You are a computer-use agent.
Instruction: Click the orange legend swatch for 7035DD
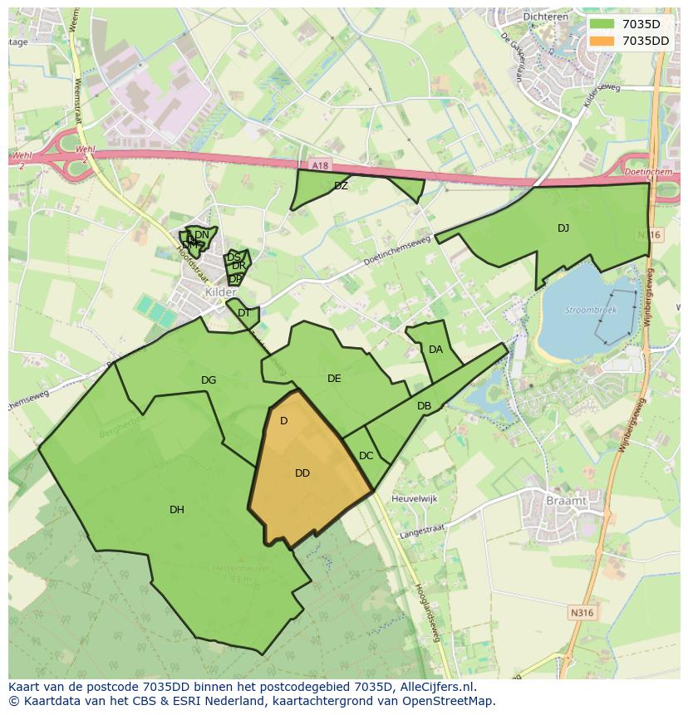point(602,41)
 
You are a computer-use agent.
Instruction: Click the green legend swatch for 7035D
point(602,24)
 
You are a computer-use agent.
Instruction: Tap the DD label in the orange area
point(302,473)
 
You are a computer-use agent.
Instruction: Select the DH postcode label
point(177,510)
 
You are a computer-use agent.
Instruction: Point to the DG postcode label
point(209,380)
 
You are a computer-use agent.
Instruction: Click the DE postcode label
point(334,379)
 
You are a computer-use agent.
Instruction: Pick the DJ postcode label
point(563,228)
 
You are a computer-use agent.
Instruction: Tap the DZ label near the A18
point(341,186)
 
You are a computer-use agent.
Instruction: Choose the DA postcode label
point(435,350)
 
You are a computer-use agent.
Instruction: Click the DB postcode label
point(424,406)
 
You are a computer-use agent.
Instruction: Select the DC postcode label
point(366,456)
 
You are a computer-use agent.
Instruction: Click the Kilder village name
point(220,293)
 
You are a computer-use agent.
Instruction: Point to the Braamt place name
point(566,502)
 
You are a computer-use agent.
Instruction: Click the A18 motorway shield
point(322,166)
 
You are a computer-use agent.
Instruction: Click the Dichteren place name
point(544,16)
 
